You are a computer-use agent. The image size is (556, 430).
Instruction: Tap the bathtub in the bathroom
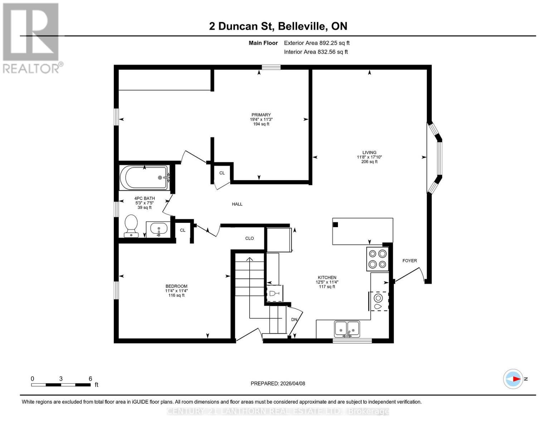coord(144,177)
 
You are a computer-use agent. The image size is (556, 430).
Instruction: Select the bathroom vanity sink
coord(158,229)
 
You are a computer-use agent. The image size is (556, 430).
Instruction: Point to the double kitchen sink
coord(347,329)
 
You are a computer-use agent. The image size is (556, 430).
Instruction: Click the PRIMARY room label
coord(261,115)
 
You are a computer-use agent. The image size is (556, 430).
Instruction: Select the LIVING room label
coord(369,152)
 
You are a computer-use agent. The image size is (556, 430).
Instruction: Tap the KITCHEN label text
coord(327,277)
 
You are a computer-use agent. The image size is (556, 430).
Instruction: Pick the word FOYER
coord(410,261)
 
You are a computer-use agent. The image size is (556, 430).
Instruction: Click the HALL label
coord(237,204)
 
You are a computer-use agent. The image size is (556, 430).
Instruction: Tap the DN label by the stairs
coord(294,319)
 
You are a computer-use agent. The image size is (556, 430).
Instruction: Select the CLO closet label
coord(250,238)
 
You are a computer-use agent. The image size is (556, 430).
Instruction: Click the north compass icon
coord(513,379)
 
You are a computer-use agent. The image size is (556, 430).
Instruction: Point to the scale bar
coord(61,384)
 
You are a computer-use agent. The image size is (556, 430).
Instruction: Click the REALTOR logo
coord(32,38)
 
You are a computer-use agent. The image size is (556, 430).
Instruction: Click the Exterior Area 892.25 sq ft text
coord(316,43)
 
